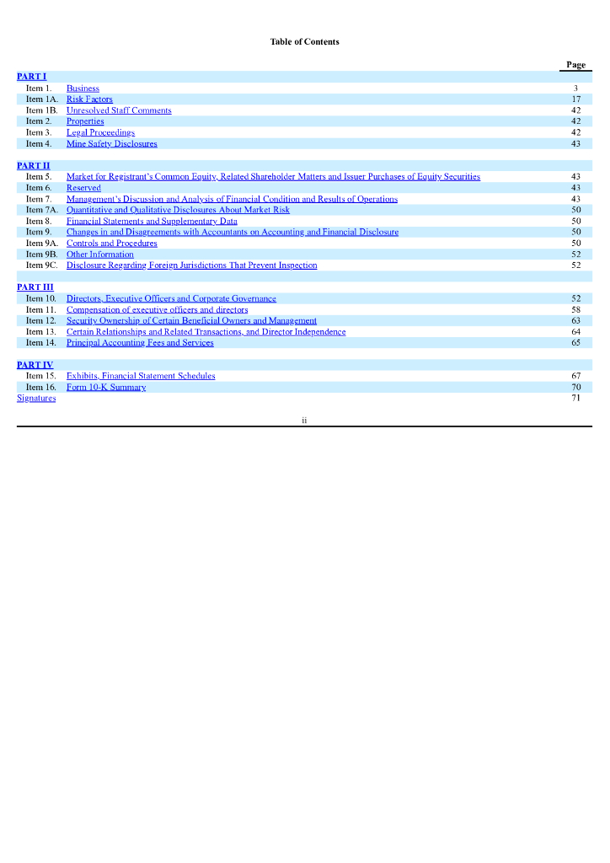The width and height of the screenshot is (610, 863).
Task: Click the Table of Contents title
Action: (304, 41)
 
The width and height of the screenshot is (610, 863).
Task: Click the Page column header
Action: (575, 65)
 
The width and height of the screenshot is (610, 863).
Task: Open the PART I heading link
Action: (31, 77)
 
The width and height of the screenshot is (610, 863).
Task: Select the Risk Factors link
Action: (89, 99)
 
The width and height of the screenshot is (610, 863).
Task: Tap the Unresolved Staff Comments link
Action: (119, 110)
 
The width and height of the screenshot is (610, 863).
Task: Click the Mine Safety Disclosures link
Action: (112, 143)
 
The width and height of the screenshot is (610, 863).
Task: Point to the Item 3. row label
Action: (39, 132)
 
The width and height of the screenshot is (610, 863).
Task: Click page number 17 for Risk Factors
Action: (575, 99)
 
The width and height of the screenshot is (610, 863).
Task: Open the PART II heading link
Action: (34, 165)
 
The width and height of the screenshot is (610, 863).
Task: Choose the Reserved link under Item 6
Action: (83, 188)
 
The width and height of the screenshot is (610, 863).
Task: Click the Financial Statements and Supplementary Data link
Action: (152, 221)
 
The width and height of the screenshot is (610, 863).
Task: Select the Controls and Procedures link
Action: (112, 243)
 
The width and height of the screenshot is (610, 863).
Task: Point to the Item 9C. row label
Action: (41, 265)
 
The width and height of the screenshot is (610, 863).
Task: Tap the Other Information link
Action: (100, 254)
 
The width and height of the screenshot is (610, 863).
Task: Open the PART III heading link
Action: (35, 287)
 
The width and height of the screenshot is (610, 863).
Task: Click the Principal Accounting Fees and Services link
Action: (140, 342)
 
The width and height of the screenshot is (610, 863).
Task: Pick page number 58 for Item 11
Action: (575, 309)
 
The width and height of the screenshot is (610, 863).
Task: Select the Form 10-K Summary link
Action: (106, 387)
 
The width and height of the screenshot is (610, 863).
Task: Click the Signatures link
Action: (36, 398)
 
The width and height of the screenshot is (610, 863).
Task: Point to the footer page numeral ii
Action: (304, 420)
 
